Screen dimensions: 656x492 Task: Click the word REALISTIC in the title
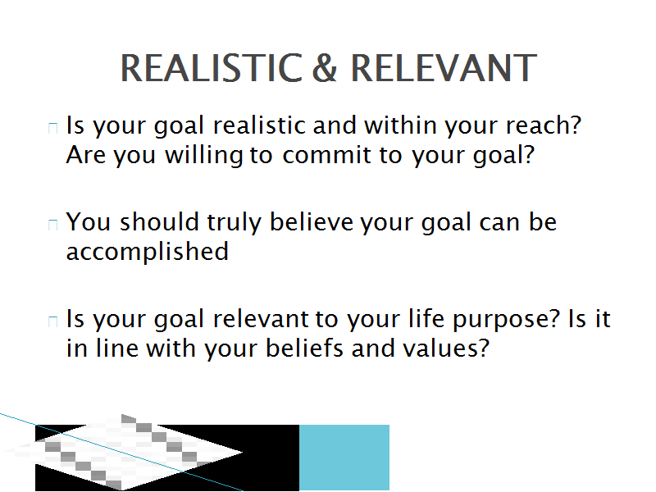212,68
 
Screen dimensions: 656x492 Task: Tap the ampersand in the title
324,68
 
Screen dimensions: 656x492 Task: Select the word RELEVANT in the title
444,68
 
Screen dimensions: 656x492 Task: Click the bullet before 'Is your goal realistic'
53,128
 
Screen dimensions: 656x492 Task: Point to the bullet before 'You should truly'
53,225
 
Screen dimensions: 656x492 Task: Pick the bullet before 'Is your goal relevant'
53,321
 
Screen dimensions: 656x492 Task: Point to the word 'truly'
235,223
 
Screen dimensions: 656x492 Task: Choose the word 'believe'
312,221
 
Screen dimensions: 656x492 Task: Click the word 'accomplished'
148,253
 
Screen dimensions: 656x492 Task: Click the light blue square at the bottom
344,458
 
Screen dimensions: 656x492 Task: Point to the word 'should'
159,221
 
